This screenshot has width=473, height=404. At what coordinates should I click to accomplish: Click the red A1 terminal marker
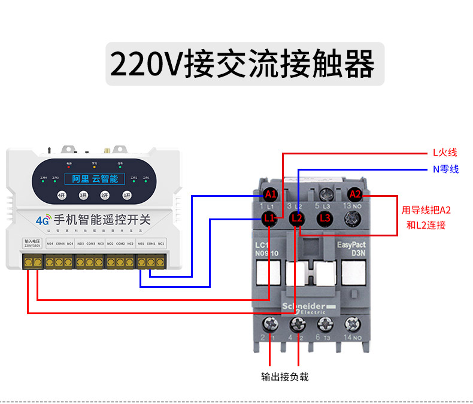(x=271, y=194)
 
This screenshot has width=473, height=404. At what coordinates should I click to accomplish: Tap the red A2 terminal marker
(x=355, y=194)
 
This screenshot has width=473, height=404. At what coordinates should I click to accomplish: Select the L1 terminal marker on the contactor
(x=270, y=218)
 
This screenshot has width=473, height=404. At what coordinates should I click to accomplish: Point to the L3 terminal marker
(x=325, y=218)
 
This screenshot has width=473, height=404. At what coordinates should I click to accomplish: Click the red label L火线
(x=445, y=153)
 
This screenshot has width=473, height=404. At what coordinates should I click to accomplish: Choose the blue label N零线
(x=445, y=169)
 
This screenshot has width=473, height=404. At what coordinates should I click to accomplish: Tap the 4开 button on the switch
(x=61, y=195)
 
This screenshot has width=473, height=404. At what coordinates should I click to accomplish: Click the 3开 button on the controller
(x=83, y=195)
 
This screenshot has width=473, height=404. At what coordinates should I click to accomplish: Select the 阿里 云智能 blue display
(x=95, y=178)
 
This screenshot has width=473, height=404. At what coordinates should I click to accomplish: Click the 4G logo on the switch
(x=43, y=220)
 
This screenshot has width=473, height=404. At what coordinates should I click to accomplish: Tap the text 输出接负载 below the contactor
(x=285, y=376)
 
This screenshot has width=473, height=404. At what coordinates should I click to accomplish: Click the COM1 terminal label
(x=151, y=244)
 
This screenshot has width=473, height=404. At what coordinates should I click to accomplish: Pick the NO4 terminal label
(x=50, y=244)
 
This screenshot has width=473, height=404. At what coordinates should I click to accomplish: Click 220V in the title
(x=147, y=63)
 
